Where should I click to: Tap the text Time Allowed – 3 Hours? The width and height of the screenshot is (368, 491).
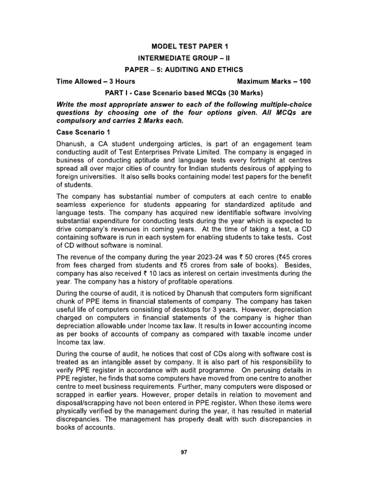click(x=96, y=82)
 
